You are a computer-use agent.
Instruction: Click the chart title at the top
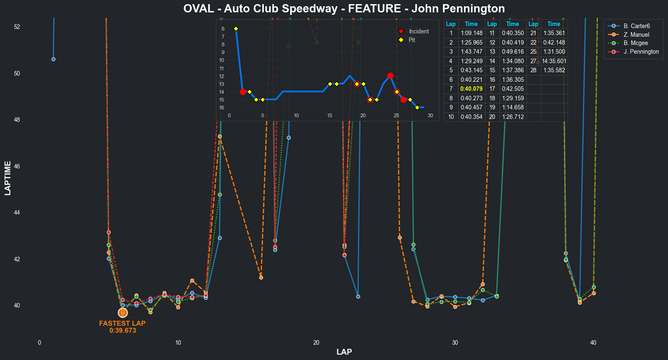tap(344, 9)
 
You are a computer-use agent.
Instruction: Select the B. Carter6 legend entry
tap(637, 26)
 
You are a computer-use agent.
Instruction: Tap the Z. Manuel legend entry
tap(636, 35)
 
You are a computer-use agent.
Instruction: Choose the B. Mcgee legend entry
tap(635, 43)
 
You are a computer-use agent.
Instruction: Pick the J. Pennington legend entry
tap(641, 52)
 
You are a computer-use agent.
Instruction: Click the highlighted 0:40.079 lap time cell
tap(471, 89)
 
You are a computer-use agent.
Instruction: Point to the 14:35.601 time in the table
tap(554, 61)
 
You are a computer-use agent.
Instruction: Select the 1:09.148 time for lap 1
tap(471, 33)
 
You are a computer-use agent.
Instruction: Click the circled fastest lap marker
tap(123, 313)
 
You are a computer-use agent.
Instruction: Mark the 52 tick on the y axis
tap(17, 27)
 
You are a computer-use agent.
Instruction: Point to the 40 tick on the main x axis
tap(593, 343)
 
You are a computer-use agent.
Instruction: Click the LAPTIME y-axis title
tap(7, 178)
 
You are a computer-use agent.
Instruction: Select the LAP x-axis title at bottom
tap(344, 352)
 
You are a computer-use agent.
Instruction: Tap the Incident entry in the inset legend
tap(419, 31)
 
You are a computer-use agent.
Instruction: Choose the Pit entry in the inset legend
tap(412, 40)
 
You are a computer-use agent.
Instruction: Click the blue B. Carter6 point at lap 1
tap(53, 59)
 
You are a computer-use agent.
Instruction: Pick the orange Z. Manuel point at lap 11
tap(192, 281)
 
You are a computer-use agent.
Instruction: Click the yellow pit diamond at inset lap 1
tap(236, 28)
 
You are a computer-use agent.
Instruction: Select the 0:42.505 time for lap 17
tap(512, 89)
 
